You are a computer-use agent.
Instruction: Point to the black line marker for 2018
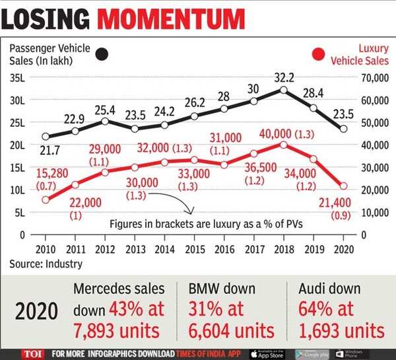point(283,90)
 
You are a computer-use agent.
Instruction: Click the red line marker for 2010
point(45,199)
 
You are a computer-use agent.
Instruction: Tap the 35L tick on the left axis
point(18,79)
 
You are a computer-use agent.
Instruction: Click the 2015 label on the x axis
point(193,250)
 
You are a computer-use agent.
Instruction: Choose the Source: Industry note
point(46,264)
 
